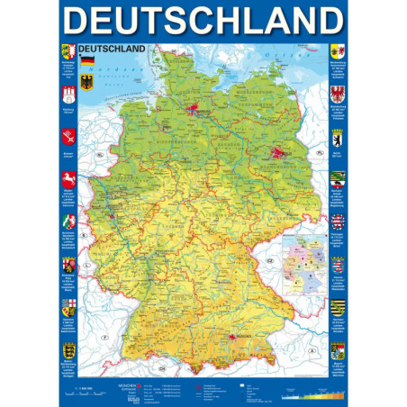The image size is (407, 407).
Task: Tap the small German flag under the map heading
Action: (x=87, y=61)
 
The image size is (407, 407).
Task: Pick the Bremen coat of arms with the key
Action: (x=68, y=138)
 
